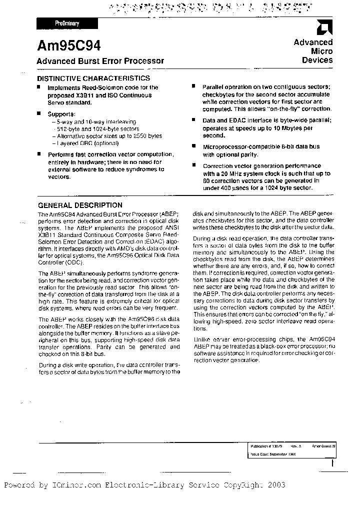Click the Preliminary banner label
coord(66,23)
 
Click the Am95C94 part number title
coord(69,46)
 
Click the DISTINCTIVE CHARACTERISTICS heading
coord(94,78)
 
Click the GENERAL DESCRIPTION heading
coord(80,205)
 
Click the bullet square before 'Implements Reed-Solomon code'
coord(40,86)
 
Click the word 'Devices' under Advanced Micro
coord(317,60)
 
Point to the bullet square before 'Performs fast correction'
coord(40,155)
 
